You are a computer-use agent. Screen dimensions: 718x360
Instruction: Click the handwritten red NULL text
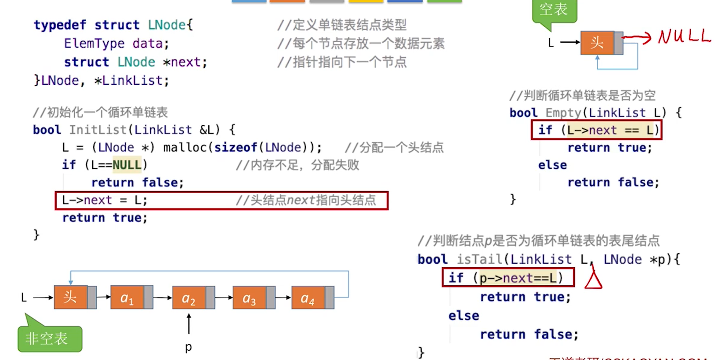point(684,36)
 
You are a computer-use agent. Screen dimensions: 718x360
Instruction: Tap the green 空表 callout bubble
point(554,10)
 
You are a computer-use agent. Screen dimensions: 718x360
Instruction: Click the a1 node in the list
point(127,298)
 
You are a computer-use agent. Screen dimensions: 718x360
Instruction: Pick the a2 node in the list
point(189,298)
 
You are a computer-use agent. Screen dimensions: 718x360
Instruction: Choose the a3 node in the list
point(250,298)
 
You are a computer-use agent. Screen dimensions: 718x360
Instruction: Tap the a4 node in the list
point(308,298)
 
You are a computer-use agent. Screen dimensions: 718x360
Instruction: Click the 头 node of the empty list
point(597,43)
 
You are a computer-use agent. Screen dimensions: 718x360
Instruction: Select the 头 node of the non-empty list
point(70,297)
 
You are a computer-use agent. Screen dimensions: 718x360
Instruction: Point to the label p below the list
point(189,347)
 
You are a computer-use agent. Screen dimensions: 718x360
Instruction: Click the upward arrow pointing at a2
point(189,324)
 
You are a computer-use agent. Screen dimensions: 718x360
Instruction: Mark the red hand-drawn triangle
point(593,279)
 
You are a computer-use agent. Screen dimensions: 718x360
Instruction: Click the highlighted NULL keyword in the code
point(127,165)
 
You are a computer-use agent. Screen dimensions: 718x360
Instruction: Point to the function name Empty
point(563,113)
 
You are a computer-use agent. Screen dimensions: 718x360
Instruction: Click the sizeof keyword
point(236,148)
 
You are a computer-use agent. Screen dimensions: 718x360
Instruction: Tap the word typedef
point(60,25)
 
